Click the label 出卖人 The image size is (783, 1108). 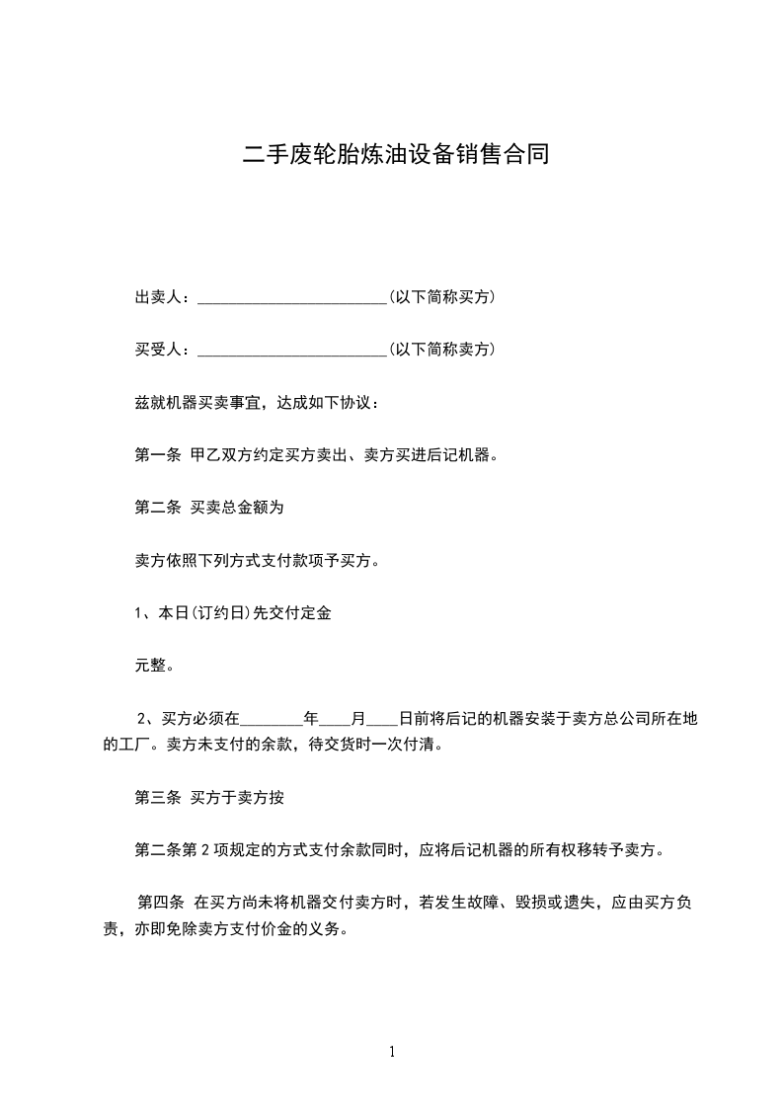158,297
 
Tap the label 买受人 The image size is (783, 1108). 158,350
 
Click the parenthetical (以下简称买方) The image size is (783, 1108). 442,297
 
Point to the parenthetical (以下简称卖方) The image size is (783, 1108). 442,350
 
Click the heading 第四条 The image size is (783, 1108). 160,903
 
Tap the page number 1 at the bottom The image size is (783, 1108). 392,1053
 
